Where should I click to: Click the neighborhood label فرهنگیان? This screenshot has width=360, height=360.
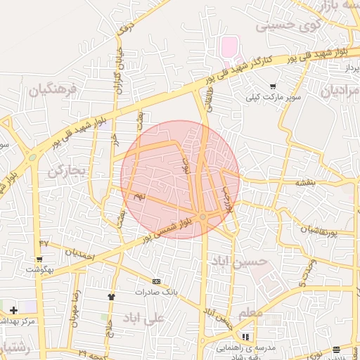(51, 89)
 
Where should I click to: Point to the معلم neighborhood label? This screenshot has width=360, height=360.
(251, 311)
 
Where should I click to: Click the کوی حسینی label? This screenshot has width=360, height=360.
(281, 25)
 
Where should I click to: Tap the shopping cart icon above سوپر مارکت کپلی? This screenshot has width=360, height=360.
(273, 86)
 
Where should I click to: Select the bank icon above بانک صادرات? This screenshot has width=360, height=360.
(156, 281)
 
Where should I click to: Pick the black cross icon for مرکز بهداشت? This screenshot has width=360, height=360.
(13, 310)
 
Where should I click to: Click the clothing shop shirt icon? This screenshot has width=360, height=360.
(110, 296)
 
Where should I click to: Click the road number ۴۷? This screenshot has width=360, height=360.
(44, 243)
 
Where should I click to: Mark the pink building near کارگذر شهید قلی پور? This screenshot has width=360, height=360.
(229, 48)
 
